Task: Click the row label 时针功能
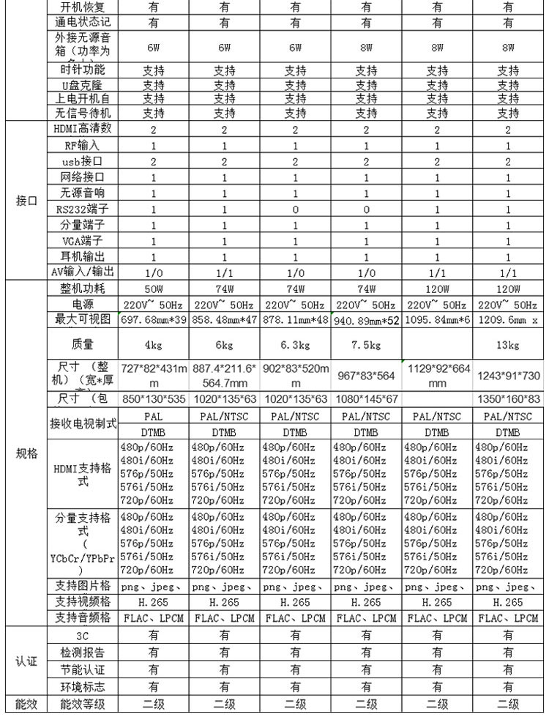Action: click(x=81, y=70)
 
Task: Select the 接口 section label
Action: click(x=26, y=201)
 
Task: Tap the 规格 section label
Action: click(x=26, y=454)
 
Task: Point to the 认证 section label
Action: click(x=26, y=660)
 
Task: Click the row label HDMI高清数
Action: click(x=82, y=129)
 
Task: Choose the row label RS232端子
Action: click(x=81, y=209)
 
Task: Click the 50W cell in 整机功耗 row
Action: click(x=154, y=289)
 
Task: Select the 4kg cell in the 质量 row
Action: click(x=154, y=345)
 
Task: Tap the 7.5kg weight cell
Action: click(x=366, y=345)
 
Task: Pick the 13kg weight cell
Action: click(x=508, y=345)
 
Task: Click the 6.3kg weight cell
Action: click(x=295, y=345)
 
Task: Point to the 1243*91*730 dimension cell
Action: click(x=508, y=375)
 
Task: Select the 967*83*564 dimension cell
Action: click(x=366, y=375)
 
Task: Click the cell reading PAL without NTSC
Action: click(x=154, y=416)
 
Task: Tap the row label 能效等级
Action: click(x=83, y=705)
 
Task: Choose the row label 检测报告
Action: click(x=83, y=652)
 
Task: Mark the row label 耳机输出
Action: click(x=81, y=257)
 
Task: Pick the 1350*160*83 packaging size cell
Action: click(x=508, y=400)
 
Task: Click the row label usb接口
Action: click(x=81, y=161)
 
